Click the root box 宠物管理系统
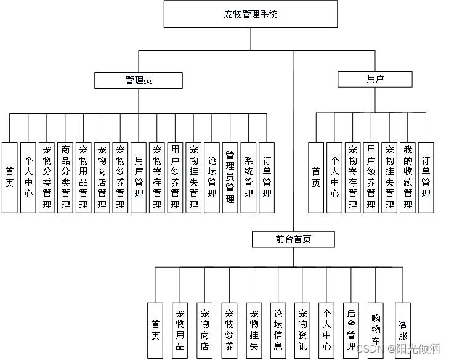pyautogui.click(x=250, y=14)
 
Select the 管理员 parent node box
pyautogui.click(x=139, y=80)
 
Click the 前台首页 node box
pyautogui.click(x=293, y=239)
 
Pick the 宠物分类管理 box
pyautogui.click(x=47, y=177)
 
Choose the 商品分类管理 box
pyautogui.click(x=65, y=177)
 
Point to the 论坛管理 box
pyautogui.click(x=212, y=177)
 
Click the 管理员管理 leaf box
pyautogui.click(x=230, y=177)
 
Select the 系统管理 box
pyautogui.click(x=248, y=177)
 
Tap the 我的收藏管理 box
pyautogui.click(x=408, y=177)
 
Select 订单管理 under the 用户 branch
pyautogui.click(x=426, y=177)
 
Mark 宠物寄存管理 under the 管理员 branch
pyautogui.click(x=157, y=177)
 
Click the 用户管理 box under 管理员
pyautogui.click(x=139, y=177)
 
